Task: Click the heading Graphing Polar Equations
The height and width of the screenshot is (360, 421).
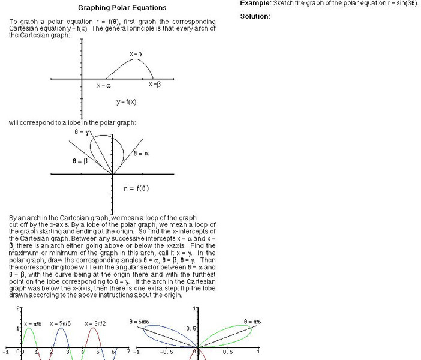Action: (122, 8)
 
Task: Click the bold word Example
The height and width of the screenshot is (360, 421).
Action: (255, 3)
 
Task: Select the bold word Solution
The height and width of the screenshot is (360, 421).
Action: (255, 16)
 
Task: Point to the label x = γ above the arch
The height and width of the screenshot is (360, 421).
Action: (136, 54)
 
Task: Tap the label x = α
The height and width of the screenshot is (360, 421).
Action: (104, 85)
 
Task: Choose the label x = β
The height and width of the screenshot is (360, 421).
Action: (155, 84)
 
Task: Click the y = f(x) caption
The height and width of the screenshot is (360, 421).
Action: (127, 101)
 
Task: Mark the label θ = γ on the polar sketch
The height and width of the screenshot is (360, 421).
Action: (82, 131)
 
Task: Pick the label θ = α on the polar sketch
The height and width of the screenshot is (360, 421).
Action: (141, 154)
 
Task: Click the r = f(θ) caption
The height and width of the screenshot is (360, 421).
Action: (136, 188)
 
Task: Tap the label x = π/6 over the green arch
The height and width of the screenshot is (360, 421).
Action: (33, 324)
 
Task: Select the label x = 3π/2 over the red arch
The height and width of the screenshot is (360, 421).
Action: (95, 324)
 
